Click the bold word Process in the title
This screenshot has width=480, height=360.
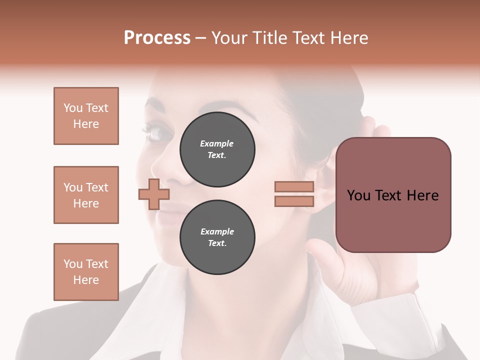tap(157, 38)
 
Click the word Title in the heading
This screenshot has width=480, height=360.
tap(268, 38)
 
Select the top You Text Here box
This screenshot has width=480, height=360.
tap(86, 116)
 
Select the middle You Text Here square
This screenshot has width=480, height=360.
tap(86, 195)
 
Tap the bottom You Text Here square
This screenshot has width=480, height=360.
tap(86, 272)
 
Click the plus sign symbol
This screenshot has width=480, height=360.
tap(153, 194)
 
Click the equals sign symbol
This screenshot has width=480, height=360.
tap(294, 194)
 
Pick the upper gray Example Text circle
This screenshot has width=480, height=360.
tap(217, 149)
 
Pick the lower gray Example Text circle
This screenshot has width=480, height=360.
tap(217, 237)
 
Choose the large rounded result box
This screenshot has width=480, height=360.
tap(393, 195)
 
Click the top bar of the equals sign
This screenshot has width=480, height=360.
tap(294, 186)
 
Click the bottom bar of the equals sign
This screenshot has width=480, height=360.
tap(294, 201)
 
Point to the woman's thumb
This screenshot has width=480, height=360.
tap(320, 250)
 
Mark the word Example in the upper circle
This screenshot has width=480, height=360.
tap(217, 143)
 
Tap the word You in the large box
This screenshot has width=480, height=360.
tap(359, 195)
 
